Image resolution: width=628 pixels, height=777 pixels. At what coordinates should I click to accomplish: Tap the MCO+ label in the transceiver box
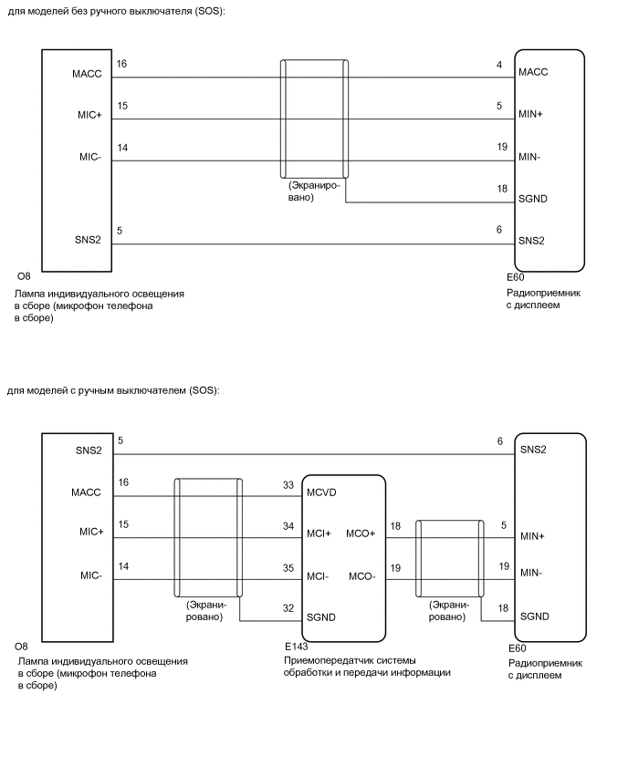tap(361, 534)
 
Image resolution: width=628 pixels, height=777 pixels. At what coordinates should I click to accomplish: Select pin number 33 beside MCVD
tap(289, 485)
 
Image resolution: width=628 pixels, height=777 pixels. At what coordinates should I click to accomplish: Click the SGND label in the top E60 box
tap(533, 199)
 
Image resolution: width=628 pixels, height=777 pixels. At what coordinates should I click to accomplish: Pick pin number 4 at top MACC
tap(499, 65)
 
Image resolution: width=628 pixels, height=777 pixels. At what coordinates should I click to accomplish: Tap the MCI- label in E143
tap(319, 576)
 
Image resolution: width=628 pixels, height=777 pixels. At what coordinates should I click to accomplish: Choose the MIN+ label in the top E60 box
tap(531, 115)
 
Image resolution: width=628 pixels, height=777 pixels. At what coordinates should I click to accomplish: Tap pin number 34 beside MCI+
tap(289, 526)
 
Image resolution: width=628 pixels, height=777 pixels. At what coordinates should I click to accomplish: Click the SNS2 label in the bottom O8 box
tap(88, 451)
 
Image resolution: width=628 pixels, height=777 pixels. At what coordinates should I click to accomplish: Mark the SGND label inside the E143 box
tap(322, 618)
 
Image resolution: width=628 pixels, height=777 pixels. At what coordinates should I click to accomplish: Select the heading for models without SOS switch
tap(115, 11)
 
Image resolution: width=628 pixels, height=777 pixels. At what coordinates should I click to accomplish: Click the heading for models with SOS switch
tap(113, 390)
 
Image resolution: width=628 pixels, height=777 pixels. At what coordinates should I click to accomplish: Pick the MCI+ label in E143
tap(320, 534)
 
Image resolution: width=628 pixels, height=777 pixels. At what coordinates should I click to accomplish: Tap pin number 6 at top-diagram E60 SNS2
tap(499, 230)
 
